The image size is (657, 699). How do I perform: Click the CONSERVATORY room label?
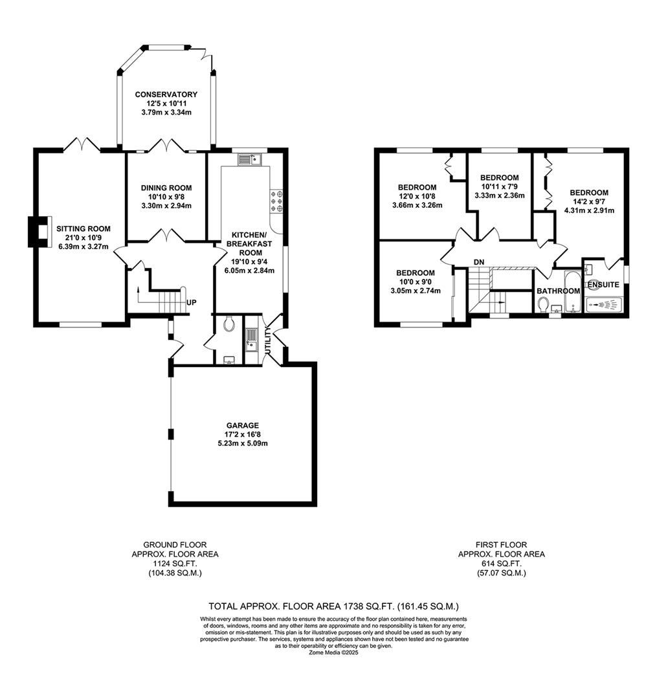166,94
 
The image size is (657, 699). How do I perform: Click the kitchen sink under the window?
248,158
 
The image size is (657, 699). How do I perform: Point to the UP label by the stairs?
192,303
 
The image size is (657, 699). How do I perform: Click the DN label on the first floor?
479,261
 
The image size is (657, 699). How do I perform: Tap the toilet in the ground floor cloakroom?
227,324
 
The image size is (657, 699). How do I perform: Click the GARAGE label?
243,425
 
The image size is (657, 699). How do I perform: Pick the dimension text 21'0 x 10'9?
83,238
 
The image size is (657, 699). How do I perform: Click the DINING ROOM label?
166,188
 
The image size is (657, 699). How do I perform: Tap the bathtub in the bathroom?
573,292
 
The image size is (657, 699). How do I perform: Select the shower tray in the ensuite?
605,304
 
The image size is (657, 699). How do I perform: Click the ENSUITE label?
603,285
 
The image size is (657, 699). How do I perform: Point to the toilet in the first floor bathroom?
542,304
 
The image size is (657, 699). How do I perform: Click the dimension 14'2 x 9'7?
588,201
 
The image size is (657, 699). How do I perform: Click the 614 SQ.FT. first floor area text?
501,564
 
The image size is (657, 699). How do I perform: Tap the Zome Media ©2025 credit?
333,653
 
